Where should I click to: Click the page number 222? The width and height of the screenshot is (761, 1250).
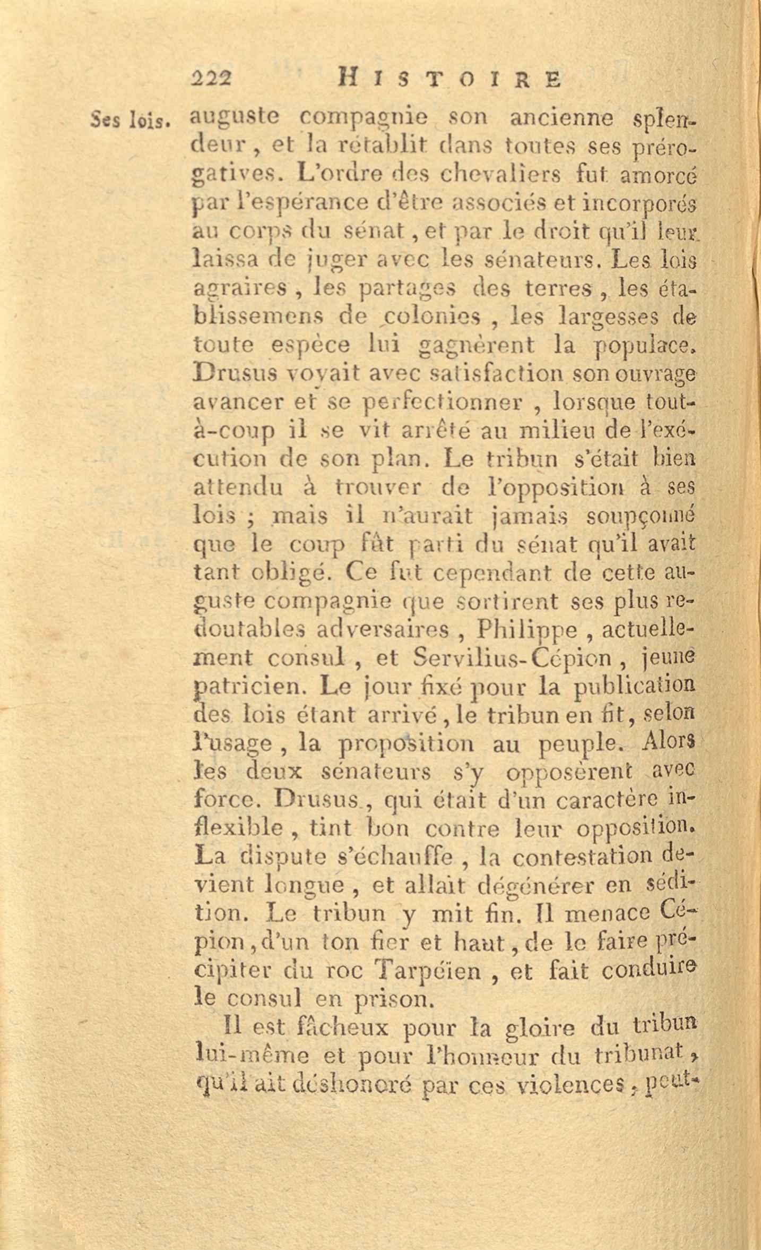pyautogui.click(x=212, y=79)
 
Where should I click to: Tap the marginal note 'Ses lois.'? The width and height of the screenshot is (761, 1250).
pyautogui.click(x=130, y=121)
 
